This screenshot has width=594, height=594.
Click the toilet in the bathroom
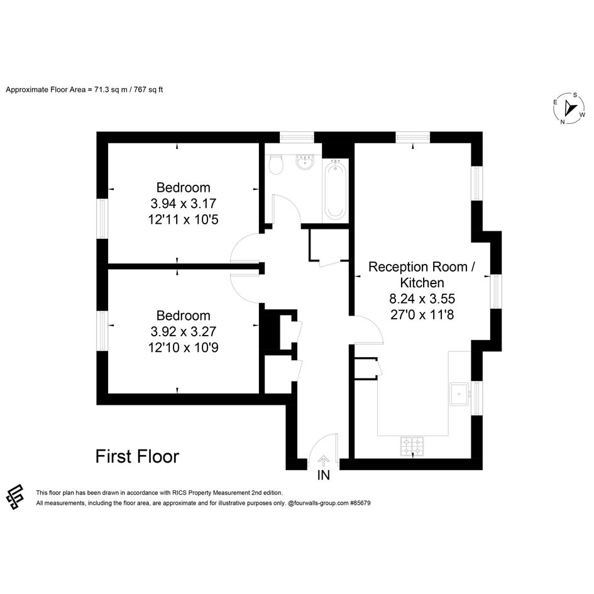tap(276, 165)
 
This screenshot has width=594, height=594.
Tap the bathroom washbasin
tap(305, 163)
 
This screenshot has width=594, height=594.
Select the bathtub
tap(335, 189)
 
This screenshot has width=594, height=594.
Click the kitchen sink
tap(459, 394)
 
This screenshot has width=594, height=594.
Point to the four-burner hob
tap(412, 447)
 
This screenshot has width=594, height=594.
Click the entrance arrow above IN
tap(323, 461)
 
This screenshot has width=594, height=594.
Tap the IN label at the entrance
tap(324, 475)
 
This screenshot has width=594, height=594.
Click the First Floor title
tap(137, 456)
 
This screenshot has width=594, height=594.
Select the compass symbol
tap(569, 108)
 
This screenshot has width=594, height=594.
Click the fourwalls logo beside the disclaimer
tap(15, 497)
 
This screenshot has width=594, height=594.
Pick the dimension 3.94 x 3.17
tap(184, 204)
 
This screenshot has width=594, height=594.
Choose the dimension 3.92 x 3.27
tap(184, 332)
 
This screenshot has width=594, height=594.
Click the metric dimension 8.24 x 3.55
tap(422, 299)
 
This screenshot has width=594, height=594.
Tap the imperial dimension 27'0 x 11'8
tap(422, 315)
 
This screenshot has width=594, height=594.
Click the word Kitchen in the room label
tap(422, 283)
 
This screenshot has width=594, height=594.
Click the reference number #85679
tap(360, 503)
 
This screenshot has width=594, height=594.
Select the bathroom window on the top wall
tap(297, 137)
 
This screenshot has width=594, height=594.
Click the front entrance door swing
tap(322, 448)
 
